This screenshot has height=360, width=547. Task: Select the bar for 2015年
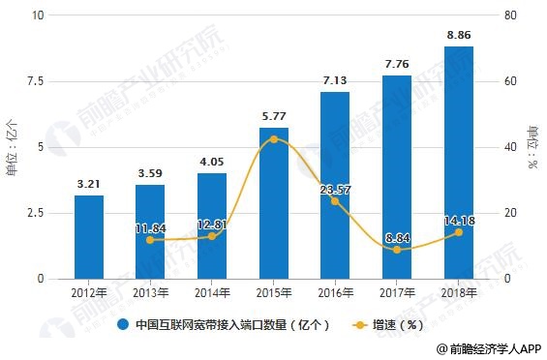point(273,203)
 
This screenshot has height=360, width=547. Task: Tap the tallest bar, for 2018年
point(459,163)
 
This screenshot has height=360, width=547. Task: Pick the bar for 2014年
point(212,225)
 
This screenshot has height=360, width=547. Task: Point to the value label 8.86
point(459,36)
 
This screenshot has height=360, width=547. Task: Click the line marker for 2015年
point(274,139)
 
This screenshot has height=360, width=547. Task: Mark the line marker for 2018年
point(459,232)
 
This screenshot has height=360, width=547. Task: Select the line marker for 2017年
point(397,250)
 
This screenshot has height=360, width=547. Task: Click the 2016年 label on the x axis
point(335,292)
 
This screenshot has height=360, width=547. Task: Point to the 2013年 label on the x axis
point(150,292)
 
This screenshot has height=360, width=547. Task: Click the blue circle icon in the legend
point(124,325)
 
